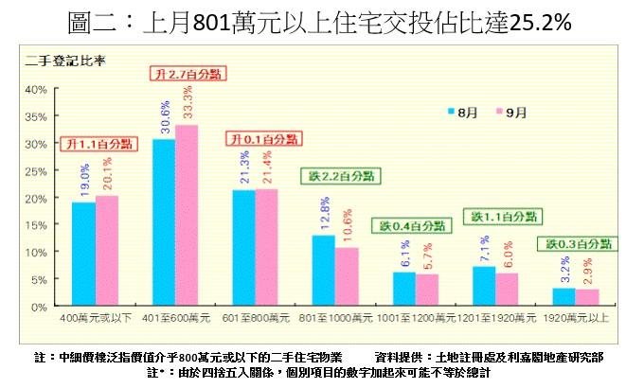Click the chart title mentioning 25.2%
pyautogui.click(x=322, y=23)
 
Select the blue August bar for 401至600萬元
pyautogui.click(x=164, y=223)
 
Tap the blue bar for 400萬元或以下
pyautogui.click(x=83, y=255)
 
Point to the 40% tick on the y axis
pyautogui.click(x=35, y=89)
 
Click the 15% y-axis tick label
pyautogui.click(x=35, y=225)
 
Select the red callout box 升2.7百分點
pyautogui.click(x=187, y=73)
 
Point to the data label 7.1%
pyautogui.click(x=485, y=251)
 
